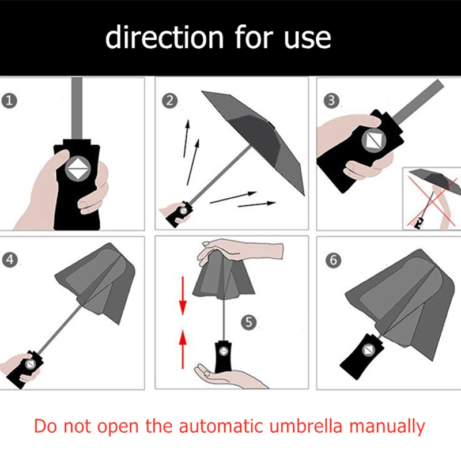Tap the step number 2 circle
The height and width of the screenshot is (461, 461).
pos(169,101)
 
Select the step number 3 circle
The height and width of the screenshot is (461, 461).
pos(330,101)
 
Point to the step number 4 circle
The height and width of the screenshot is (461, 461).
pos(10,260)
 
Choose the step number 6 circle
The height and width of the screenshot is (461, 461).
pos(332,260)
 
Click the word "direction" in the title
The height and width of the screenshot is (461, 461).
pos(164,37)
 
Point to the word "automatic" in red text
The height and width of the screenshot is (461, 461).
pos(214,427)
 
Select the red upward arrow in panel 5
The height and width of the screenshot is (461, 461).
pos(183,345)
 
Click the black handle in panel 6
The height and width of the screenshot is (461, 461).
pos(359,351)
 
